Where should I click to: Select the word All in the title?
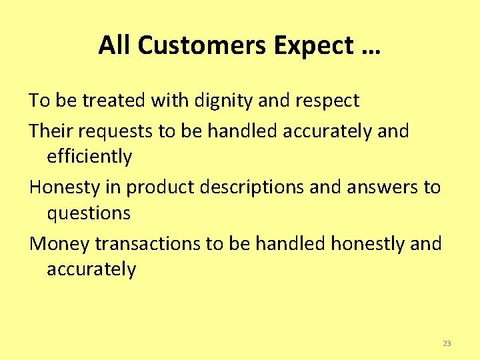113,45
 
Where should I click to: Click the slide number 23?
447,343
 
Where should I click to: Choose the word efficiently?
89,157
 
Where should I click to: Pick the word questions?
89,213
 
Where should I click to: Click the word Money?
59,244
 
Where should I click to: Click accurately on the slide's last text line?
91,269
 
